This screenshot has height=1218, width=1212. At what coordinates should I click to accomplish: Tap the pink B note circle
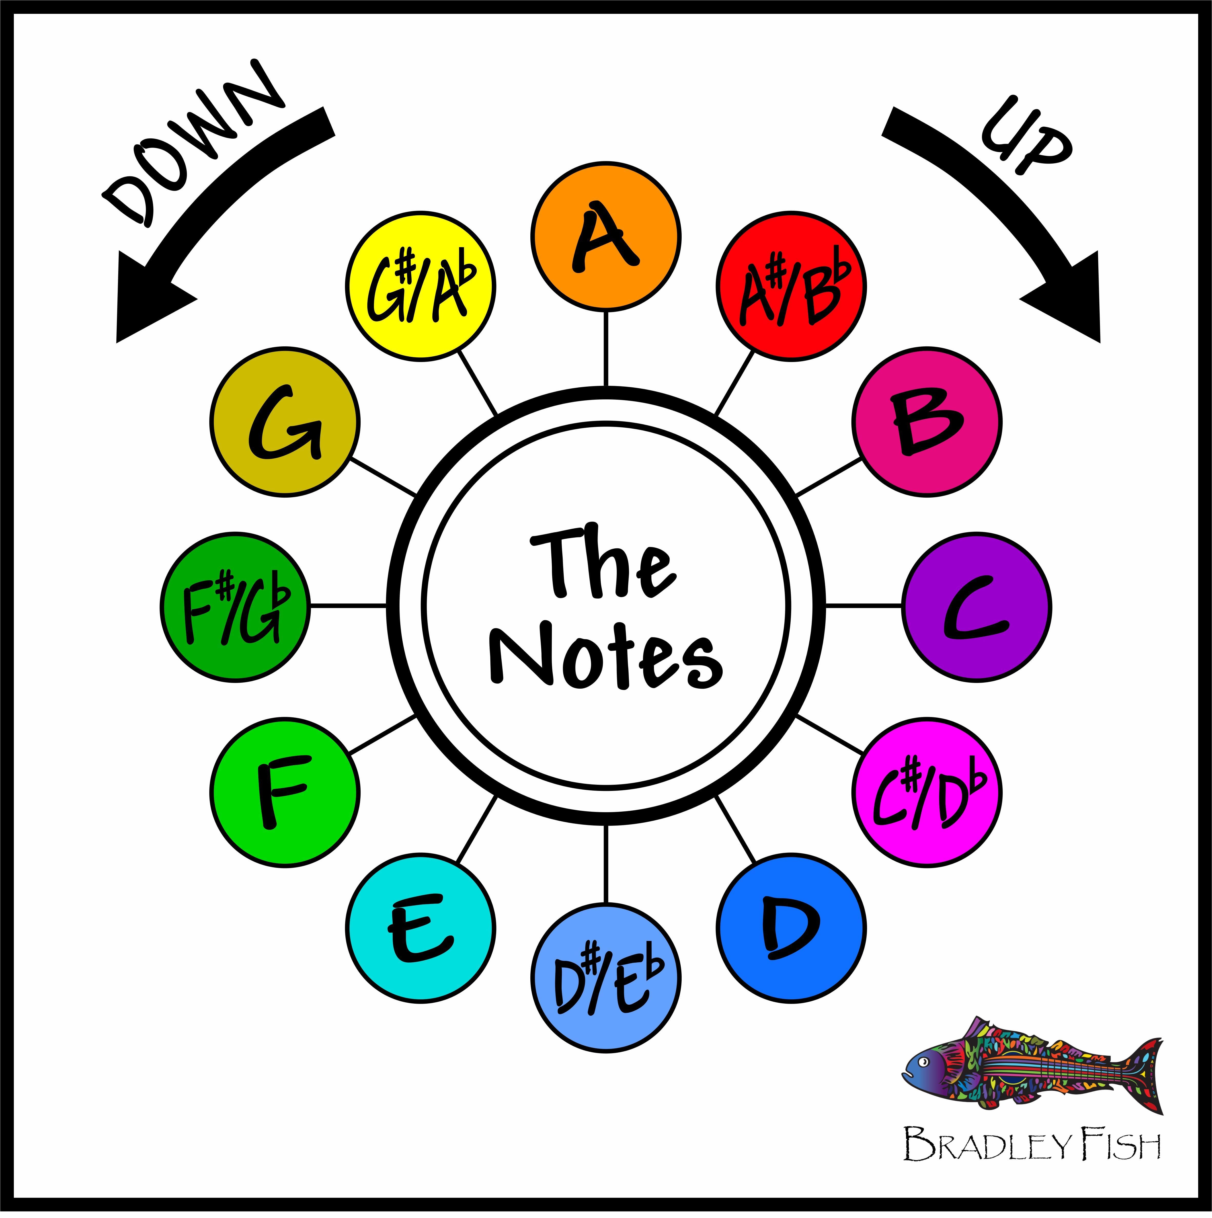click(927, 421)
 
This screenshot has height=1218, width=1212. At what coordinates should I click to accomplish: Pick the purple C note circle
click(976, 607)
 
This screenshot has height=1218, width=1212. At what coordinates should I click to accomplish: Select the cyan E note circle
click(421, 928)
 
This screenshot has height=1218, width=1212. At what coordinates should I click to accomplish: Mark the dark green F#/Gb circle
click(235, 607)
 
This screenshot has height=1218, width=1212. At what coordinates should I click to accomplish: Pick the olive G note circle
click(285, 421)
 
